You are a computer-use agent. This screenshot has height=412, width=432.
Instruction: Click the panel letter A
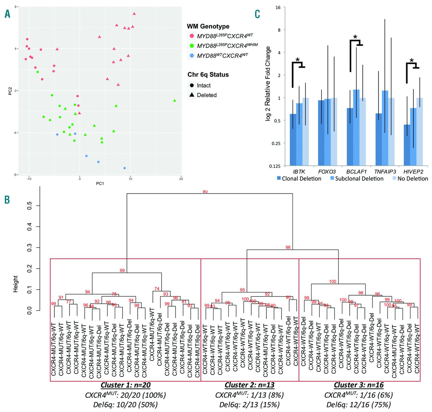point(7,14)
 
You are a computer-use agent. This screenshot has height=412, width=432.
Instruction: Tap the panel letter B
point(7,200)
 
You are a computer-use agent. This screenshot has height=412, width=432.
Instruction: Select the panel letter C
point(258,14)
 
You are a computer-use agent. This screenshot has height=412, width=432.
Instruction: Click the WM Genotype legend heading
point(208,26)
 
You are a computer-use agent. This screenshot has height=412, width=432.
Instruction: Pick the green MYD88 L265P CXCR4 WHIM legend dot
point(192,46)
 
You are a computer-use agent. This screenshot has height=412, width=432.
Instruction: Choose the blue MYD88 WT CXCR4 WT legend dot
point(192,55)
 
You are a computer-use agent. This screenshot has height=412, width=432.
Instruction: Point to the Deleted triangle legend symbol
point(192,95)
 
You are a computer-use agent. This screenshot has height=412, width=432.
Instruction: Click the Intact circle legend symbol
point(192,86)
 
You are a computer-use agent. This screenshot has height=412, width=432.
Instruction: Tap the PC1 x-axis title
point(100,183)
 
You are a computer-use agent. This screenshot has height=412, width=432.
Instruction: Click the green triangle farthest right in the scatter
point(174,100)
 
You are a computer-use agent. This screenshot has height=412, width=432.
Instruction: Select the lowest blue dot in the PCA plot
point(125,168)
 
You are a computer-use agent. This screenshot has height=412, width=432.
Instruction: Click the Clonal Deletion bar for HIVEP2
point(407,145)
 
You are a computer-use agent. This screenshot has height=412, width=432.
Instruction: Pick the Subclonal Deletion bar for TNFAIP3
point(385,128)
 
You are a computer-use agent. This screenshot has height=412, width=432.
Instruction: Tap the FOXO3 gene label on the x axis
point(327,172)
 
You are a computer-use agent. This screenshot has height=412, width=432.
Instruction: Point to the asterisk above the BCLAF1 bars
point(355,37)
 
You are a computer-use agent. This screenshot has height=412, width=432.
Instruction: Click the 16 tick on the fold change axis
point(278,7)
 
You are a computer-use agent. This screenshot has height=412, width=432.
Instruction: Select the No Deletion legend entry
point(410,179)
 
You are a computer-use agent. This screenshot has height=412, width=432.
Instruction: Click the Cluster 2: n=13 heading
point(249,385)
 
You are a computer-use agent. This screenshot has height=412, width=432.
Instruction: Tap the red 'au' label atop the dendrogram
point(205,191)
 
